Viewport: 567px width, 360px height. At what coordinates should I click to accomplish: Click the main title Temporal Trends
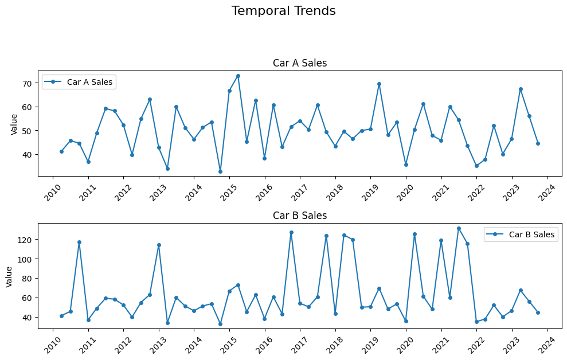pos(283,11)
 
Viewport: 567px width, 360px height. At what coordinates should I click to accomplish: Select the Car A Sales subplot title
pos(299,63)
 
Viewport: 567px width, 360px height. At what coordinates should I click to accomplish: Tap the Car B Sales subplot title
pos(299,216)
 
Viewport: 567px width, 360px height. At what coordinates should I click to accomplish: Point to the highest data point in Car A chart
pos(238,76)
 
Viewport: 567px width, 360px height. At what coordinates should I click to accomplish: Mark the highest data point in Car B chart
pos(459,228)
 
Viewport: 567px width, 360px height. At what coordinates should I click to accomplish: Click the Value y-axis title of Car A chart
pos(14,123)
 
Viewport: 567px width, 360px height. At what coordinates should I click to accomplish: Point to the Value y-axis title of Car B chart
pos(10,276)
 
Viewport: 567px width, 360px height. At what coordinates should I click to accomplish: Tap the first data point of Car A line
pos(61,151)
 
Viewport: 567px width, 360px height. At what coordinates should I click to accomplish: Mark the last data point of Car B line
pos(538,312)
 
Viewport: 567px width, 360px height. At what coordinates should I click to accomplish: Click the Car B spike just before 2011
pos(79,242)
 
